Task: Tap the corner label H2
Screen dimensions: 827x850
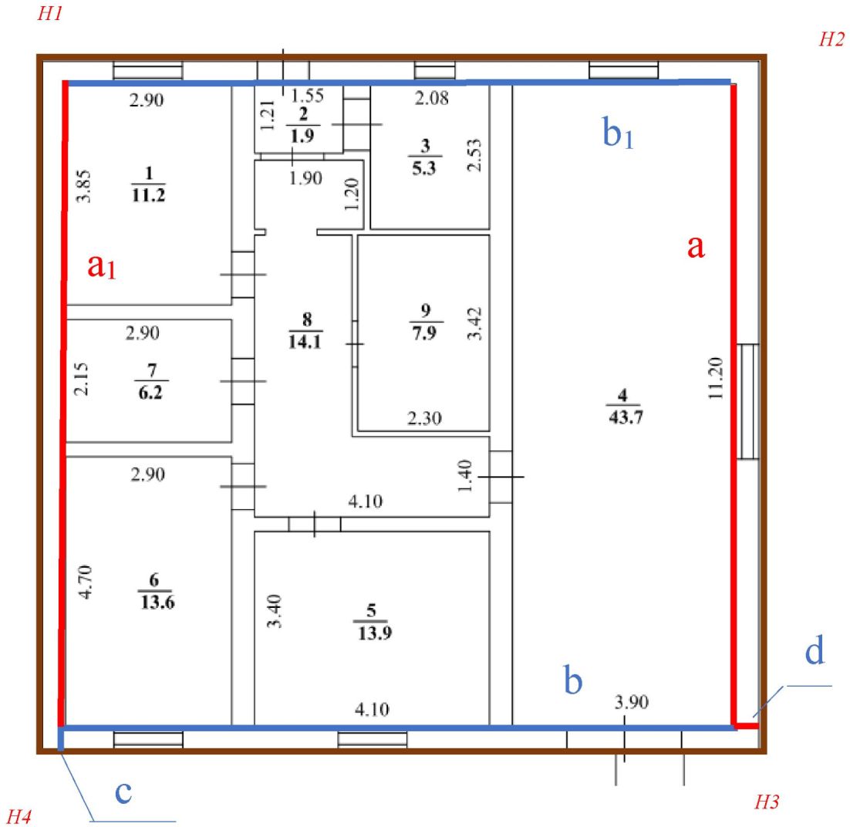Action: (830, 41)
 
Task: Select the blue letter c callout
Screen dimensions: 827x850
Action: (120, 793)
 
